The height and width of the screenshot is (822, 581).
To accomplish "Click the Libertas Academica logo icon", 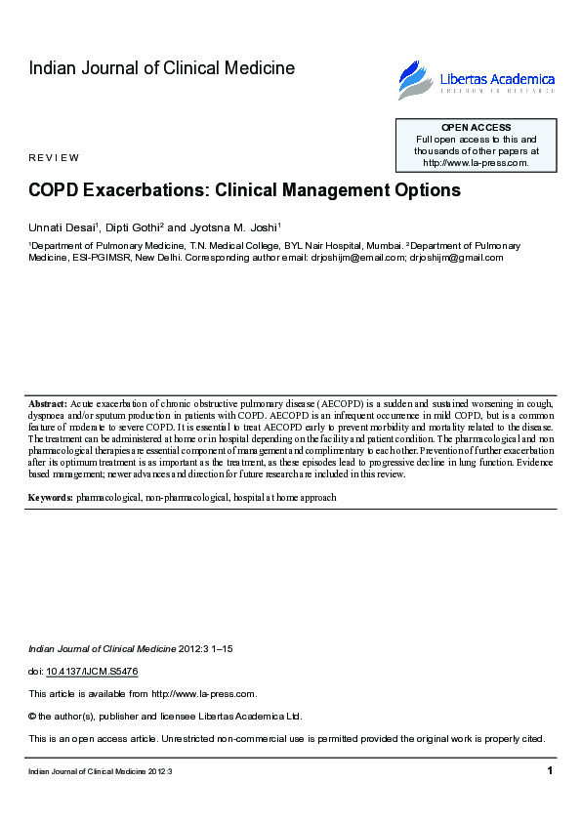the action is [414, 79].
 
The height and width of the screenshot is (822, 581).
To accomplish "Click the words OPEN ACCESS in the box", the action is [476, 128].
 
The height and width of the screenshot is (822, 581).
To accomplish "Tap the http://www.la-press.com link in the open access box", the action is [476, 163].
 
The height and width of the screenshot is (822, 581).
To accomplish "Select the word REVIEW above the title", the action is [54, 158].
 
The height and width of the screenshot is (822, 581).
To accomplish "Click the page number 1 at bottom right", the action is [550, 771].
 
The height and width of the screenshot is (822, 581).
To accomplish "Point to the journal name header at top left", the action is [161, 68].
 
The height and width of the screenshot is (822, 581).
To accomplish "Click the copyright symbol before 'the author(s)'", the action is [32, 716].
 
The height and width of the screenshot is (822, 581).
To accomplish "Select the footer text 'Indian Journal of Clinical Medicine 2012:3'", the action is [101, 772].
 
